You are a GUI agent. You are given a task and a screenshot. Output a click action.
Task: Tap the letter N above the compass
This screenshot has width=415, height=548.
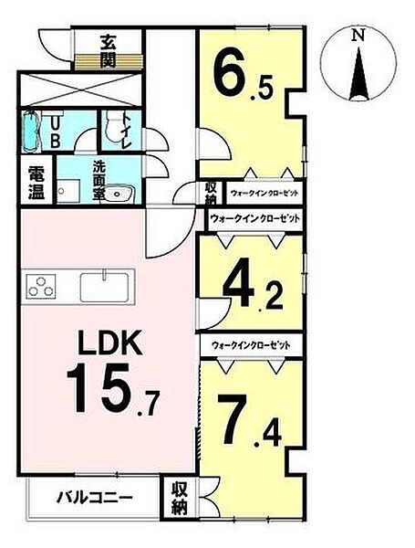pyautogui.click(x=359, y=36)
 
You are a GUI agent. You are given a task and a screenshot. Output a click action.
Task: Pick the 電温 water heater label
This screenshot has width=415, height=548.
pyautogui.click(x=36, y=182)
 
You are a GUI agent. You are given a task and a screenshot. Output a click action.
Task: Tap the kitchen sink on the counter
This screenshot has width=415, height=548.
pyautogui.click(x=108, y=286)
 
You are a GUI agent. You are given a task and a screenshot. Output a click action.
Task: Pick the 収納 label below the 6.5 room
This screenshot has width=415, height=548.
pyautogui.click(x=211, y=194)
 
